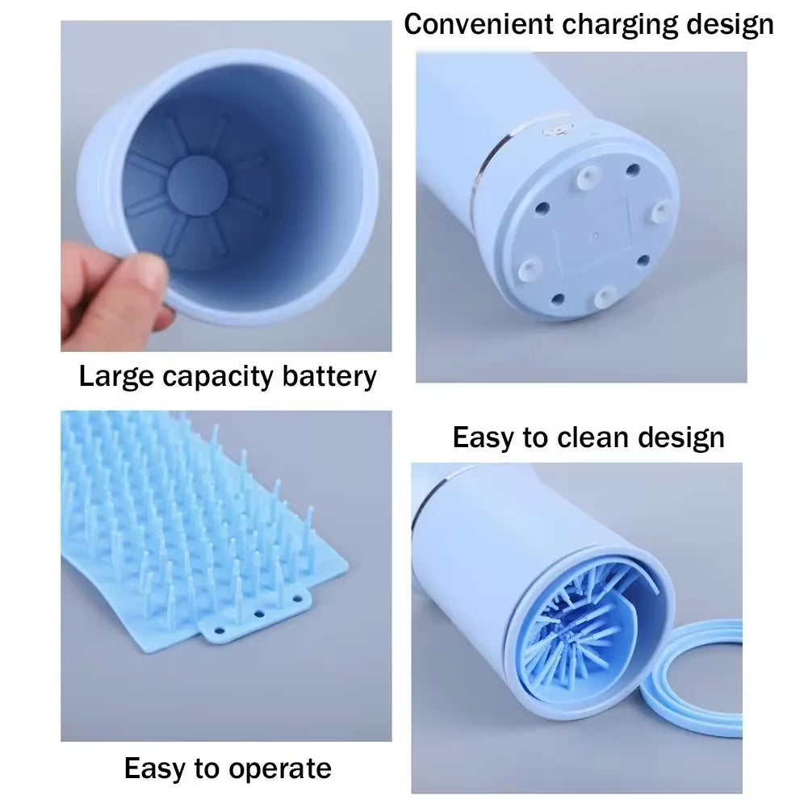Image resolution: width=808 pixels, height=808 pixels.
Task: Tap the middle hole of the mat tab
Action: [x=258, y=614]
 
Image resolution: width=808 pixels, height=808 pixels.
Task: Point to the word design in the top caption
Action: [x=730, y=24]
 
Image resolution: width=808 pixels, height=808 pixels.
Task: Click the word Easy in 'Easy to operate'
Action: [x=154, y=768]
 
